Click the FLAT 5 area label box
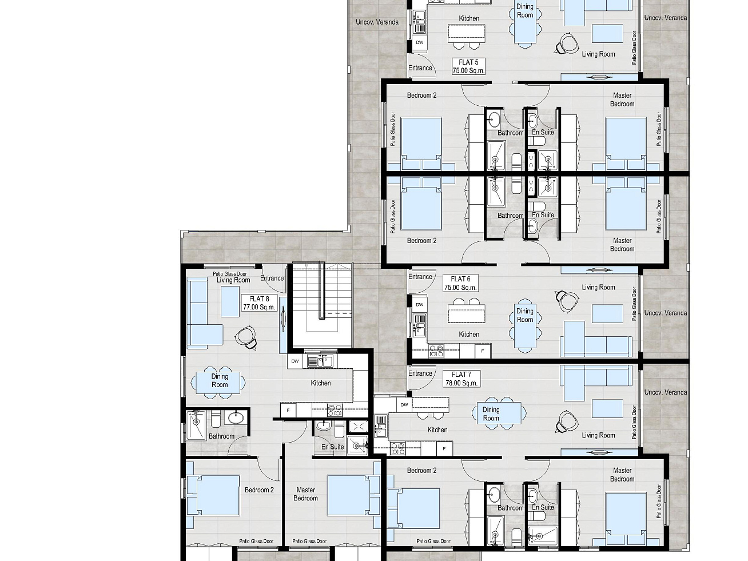pos(468,66)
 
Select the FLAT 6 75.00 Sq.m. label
pos(460,284)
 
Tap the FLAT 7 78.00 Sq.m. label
pos(461,379)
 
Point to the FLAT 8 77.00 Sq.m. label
pos(259,303)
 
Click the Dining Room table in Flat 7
pos(499,413)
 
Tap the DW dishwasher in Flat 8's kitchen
pos(295,361)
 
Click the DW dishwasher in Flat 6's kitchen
pos(420,304)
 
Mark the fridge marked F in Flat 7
pos(444,448)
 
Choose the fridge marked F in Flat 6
pos(483,351)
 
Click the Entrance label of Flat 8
pos(272,278)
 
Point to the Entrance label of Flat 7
pos(420,373)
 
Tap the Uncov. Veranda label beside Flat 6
pos(666,313)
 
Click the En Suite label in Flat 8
pos(333,447)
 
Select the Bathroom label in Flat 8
pos(221,436)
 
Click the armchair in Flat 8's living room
pos(246,337)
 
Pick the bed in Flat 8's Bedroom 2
pos(213,495)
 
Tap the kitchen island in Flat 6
pos(467,313)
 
